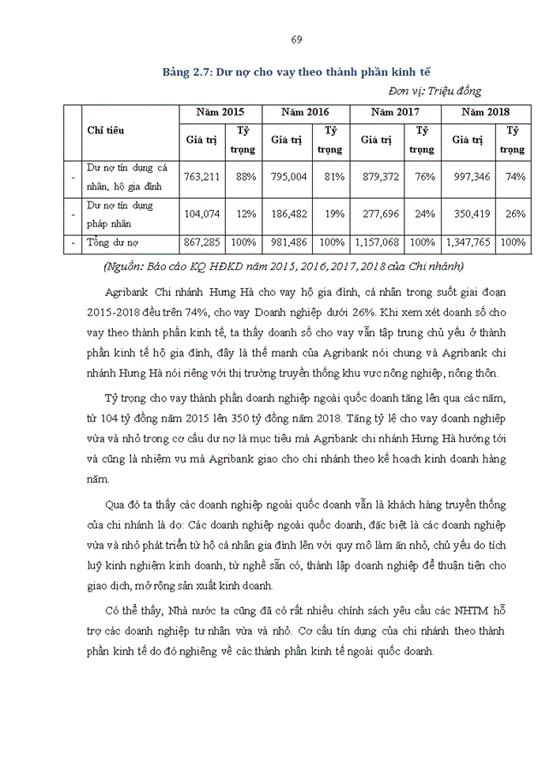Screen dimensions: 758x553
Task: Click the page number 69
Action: tap(296, 39)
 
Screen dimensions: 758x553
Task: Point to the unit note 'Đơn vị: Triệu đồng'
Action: tap(434, 91)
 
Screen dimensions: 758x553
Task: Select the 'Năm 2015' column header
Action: tap(220, 113)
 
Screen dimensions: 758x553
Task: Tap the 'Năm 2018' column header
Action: tap(485, 113)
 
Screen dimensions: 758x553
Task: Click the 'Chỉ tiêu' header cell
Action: tap(105, 131)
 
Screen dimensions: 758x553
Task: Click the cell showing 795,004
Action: tap(288, 177)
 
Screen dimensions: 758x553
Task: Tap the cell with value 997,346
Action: tap(471, 177)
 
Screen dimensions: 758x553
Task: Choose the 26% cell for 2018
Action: tap(515, 214)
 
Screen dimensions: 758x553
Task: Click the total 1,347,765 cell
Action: tap(471, 243)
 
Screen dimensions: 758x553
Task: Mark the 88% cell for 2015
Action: tap(246, 177)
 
